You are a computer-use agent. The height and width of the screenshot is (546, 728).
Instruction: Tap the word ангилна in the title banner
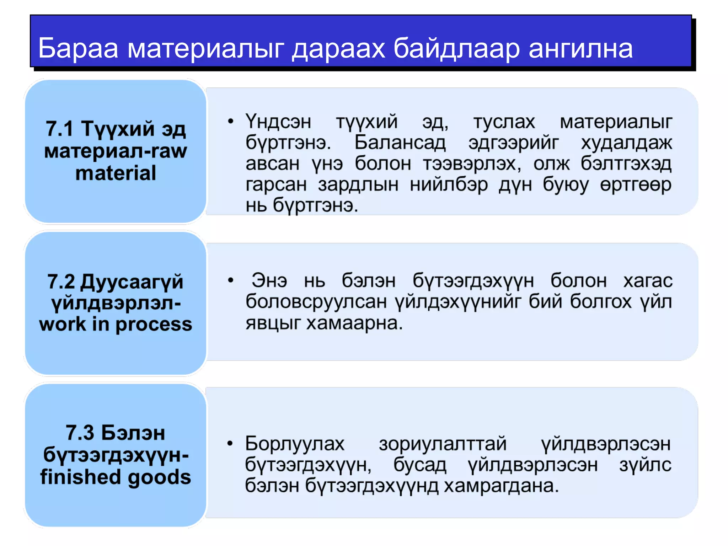580,48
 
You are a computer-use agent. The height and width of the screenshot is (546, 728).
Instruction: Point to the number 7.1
59,129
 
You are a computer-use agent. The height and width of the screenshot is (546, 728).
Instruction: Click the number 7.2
61,282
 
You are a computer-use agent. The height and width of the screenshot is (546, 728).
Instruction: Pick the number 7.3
80,433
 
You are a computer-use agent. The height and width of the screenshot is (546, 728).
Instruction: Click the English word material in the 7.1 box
116,173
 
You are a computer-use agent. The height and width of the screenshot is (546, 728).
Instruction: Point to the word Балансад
400,143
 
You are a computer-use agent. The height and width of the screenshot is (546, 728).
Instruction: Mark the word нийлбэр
449,184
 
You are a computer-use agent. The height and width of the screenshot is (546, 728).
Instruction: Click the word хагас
648,281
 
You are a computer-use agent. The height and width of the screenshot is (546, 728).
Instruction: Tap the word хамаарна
354,323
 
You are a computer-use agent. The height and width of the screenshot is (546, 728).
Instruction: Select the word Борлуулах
295,444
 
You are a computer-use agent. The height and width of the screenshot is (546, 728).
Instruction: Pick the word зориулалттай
443,444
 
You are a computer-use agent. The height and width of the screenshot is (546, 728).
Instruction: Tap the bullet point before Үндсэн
231,122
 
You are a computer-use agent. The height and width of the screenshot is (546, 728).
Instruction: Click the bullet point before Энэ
231,280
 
